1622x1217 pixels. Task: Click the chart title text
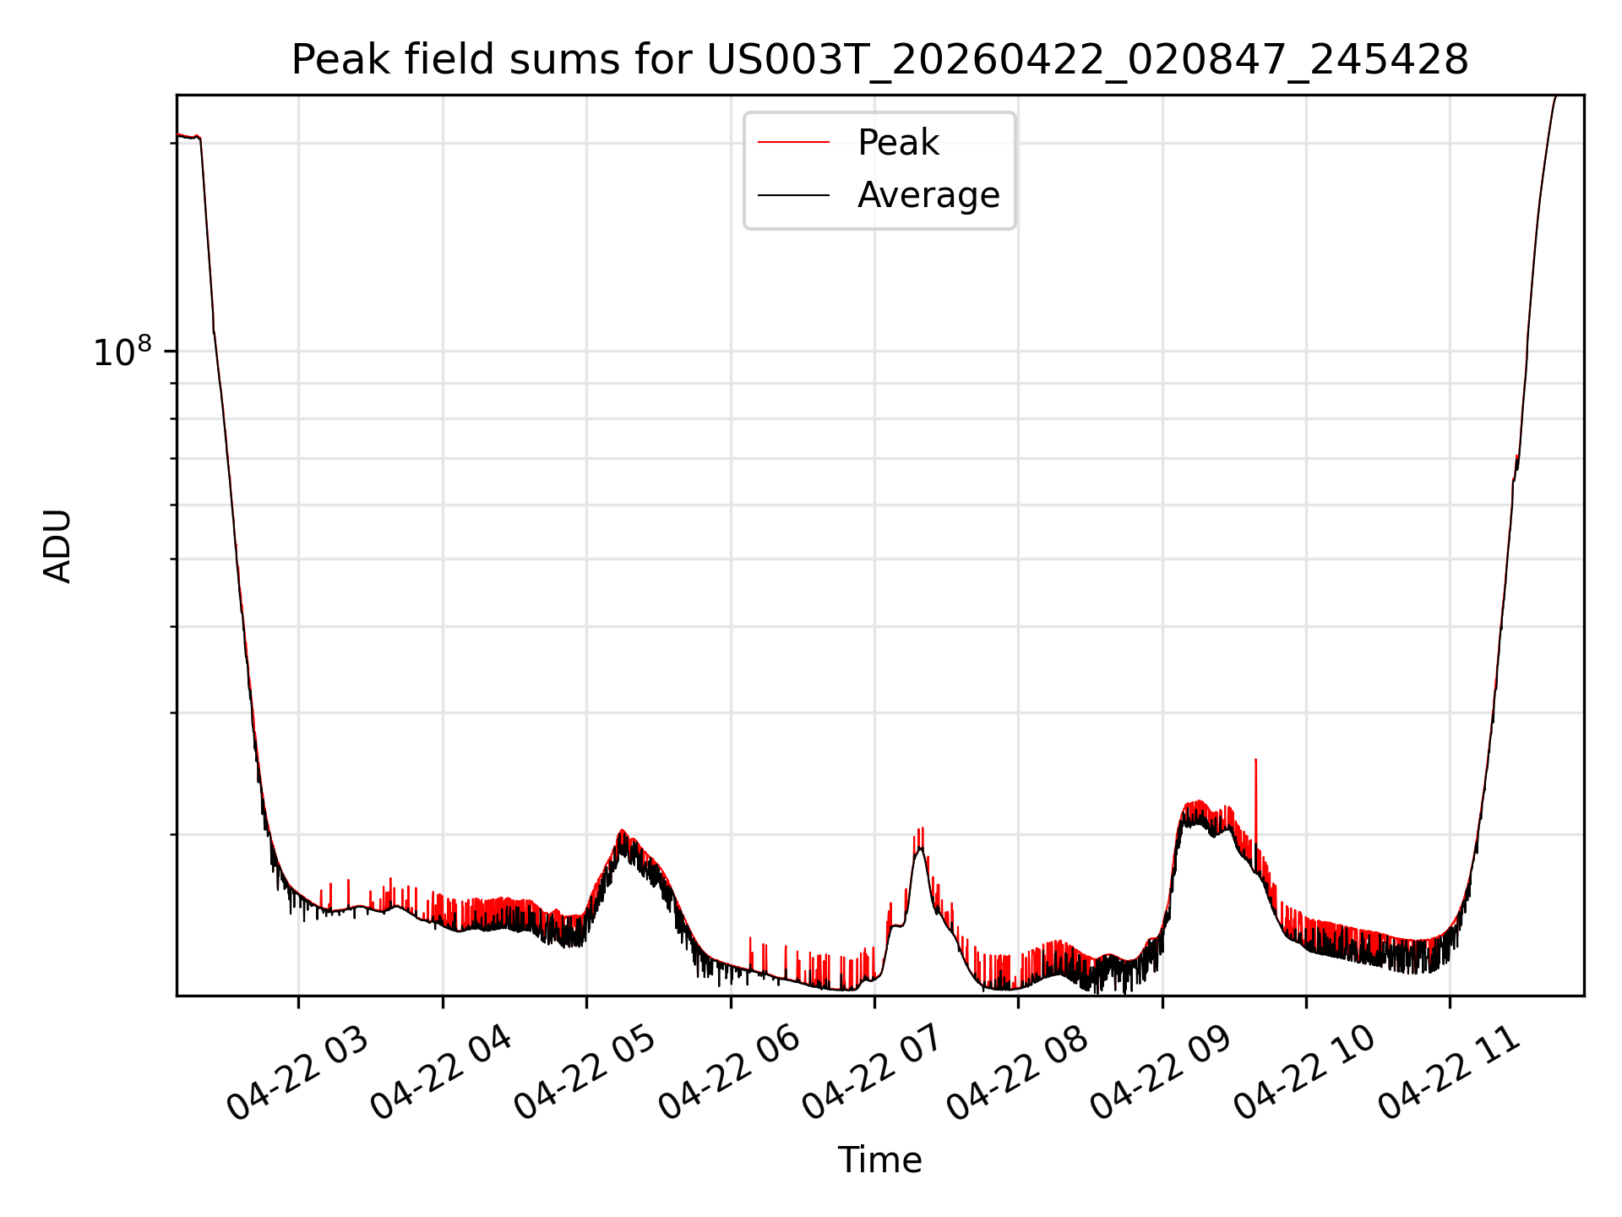[879, 60]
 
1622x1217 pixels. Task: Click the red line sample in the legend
[793, 142]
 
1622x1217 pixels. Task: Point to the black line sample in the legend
[793, 195]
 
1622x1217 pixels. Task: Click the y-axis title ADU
[57, 545]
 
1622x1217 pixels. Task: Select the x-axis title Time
[879, 1160]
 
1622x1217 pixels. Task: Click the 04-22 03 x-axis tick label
[298, 1072]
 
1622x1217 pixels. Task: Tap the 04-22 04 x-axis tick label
[442, 1072]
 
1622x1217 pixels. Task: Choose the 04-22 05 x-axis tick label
[585, 1072]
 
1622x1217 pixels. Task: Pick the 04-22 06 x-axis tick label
[730, 1072]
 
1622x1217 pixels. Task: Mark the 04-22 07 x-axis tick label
[874, 1072]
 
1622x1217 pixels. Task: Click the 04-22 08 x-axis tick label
[1018, 1072]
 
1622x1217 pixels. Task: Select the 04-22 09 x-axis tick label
[1162, 1072]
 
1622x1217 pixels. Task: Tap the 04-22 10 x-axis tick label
[1306, 1072]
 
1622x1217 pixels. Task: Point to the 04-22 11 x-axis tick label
[1450, 1072]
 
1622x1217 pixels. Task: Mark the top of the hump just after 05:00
[622, 832]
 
